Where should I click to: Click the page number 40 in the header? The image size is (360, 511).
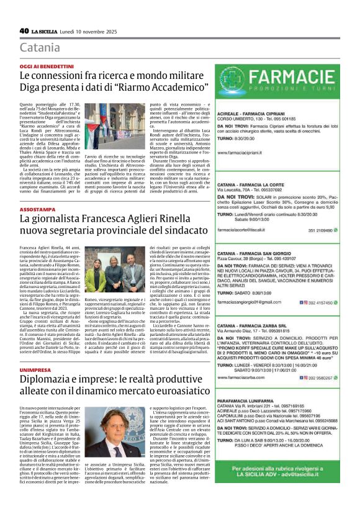(x=24, y=30)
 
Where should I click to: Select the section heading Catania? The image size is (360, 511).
(x=40, y=48)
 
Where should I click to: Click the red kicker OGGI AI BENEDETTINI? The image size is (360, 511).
(x=47, y=66)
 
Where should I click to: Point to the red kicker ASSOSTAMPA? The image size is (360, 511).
(x=39, y=210)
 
